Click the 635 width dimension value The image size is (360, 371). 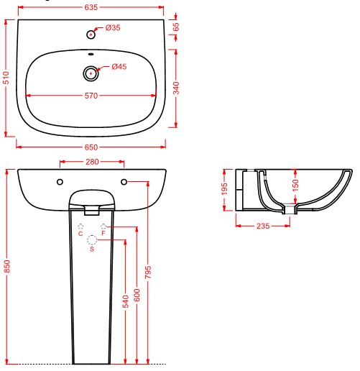tap(91, 7)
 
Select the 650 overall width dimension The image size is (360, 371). tap(91, 147)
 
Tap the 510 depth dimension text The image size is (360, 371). tap(6, 78)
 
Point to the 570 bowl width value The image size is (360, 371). tap(91, 96)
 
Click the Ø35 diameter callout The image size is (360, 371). tap(113, 28)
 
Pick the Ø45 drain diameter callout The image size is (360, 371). tap(119, 66)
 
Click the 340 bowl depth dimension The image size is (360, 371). tap(176, 88)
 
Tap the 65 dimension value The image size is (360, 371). tap(176, 27)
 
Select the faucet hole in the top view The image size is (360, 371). tap(91, 35)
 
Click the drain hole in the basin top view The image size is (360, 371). tap(91, 73)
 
